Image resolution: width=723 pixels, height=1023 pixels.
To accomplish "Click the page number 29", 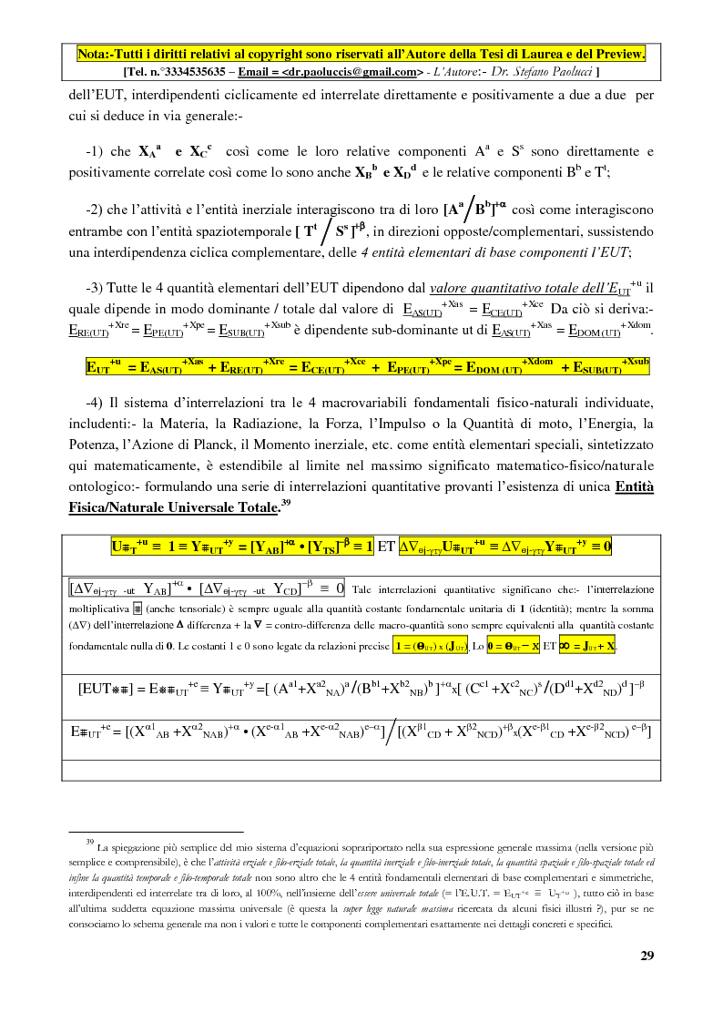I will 647,956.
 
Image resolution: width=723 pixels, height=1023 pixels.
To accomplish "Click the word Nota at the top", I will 92,54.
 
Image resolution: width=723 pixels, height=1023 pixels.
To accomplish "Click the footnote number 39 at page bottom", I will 89,844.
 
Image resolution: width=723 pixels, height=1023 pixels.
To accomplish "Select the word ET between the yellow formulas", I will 386,547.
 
